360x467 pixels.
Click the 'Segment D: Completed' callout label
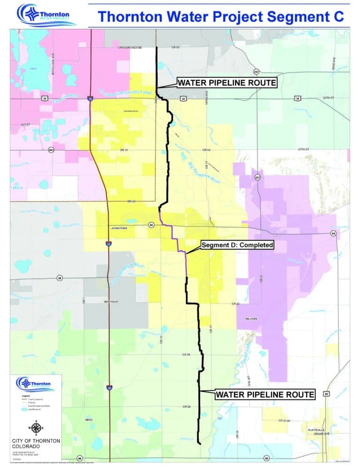[x=237, y=245]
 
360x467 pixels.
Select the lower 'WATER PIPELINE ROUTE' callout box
[x=264, y=394]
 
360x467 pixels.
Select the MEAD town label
[x=89, y=420]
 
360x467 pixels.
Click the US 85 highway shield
[x=326, y=394]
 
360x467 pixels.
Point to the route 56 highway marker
[x=60, y=278]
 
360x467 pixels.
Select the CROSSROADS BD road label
[x=130, y=48]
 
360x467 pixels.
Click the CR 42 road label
[x=236, y=304]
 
